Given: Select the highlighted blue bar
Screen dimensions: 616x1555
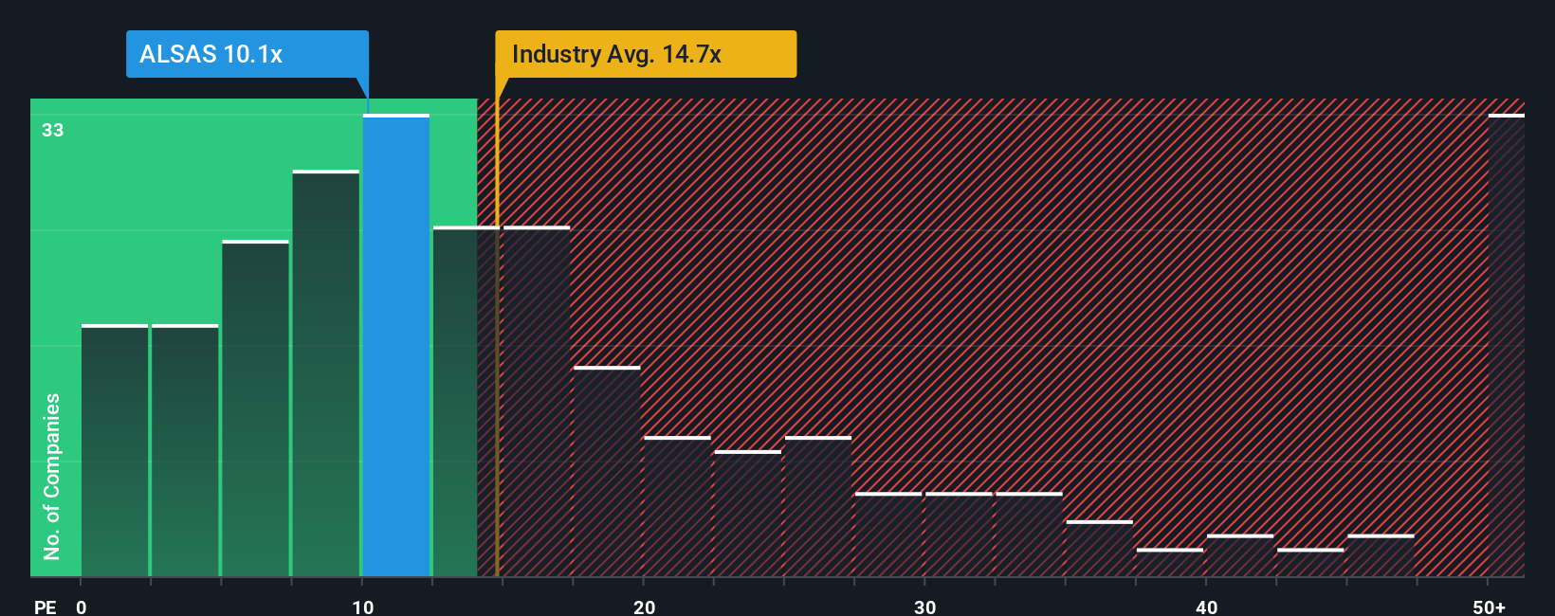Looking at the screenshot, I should (396, 346).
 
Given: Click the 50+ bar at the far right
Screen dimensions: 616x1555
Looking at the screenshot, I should (1506, 346).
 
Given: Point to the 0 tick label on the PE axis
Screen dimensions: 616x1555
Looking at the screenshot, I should (82, 607).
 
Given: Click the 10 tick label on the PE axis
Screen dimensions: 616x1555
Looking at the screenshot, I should (363, 607).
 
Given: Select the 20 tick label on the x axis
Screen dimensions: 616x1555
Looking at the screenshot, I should (645, 607).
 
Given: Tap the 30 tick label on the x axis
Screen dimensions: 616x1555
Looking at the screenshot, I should (925, 607).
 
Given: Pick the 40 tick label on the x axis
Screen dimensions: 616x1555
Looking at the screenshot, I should (1206, 607).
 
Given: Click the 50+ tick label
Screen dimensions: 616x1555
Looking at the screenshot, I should (1489, 607).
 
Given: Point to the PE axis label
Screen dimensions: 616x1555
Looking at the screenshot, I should (46, 607).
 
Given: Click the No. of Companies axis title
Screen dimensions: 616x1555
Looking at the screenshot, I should (52, 476).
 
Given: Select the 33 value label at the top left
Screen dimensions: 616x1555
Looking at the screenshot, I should (53, 130).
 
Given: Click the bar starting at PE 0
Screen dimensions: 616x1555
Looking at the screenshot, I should (115, 451).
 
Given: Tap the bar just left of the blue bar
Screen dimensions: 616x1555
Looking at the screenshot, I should (326, 374).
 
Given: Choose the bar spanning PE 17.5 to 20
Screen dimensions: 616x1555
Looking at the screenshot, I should (607, 472).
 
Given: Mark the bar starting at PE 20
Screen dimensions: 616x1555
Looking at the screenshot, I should (677, 507).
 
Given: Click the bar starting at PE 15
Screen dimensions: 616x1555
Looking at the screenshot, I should (537, 402).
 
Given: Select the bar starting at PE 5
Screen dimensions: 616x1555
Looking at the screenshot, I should (255, 409).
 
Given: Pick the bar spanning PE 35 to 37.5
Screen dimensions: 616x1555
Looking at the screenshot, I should (1099, 549).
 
